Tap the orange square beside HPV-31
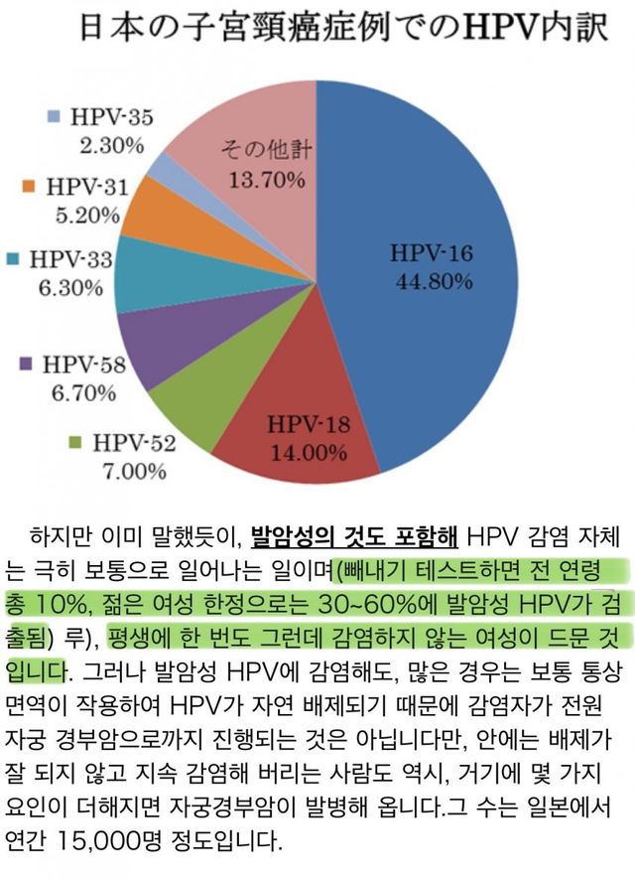[x=29, y=186]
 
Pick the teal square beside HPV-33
[x=13, y=259]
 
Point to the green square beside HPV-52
[x=77, y=441]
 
